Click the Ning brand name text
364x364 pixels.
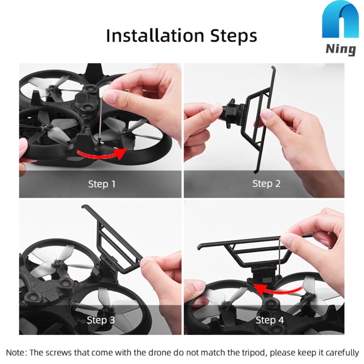click(x=340, y=49)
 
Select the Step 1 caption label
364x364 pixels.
click(x=102, y=184)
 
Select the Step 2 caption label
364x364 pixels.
click(x=266, y=184)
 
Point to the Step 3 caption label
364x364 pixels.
click(x=101, y=320)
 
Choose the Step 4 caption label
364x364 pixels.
click(x=269, y=320)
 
